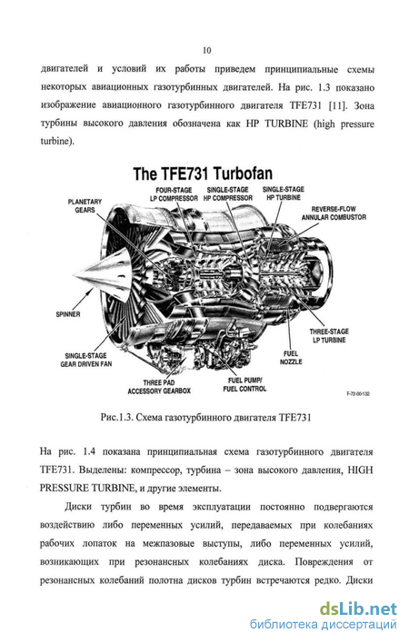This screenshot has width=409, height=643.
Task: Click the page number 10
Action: click(206, 50)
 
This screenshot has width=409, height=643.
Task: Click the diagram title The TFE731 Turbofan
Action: click(203, 173)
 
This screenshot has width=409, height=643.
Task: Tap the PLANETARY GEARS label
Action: click(85, 206)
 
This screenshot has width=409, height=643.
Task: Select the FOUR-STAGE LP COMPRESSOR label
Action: click(174, 194)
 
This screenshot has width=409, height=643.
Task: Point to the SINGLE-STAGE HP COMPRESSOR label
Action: click(228, 194)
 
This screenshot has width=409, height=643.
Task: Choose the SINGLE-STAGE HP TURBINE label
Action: click(284, 193)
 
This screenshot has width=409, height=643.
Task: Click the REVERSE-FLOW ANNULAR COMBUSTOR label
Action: click(334, 213)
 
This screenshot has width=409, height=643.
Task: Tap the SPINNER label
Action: click(68, 314)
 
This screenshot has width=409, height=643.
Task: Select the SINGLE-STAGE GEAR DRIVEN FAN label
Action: click(85, 360)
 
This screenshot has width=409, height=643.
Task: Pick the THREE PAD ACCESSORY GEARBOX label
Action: click(159, 387)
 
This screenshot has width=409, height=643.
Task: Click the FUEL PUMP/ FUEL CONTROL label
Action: click(244, 385)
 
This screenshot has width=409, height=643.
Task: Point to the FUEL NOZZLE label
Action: click(291, 358)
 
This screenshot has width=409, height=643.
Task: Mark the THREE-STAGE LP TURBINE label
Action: click(329, 336)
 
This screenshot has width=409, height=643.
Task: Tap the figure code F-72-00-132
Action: click(358, 393)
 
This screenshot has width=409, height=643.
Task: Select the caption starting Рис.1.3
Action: click(206, 418)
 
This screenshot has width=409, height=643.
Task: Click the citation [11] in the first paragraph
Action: click(338, 105)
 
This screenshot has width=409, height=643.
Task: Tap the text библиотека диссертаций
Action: click(324, 625)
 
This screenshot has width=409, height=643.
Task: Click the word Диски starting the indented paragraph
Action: click(78, 507)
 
